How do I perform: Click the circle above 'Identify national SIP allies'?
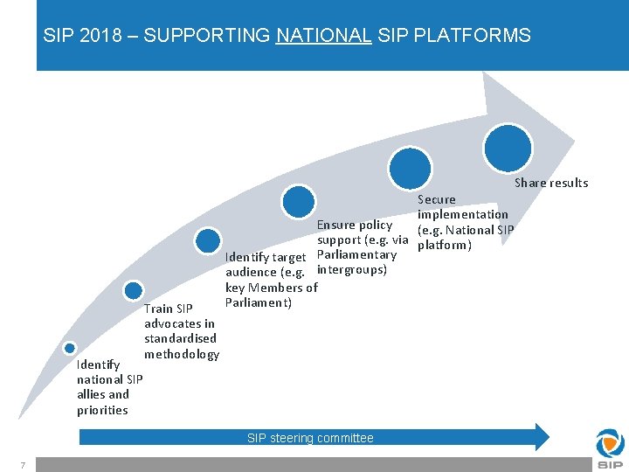tap(70, 348)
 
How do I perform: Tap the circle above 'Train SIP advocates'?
tap(133, 291)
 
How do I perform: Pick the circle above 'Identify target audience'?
tap(208, 240)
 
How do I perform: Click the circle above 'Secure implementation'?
tap(410, 166)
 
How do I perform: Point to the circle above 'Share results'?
tap(508, 146)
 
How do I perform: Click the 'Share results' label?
tap(551, 183)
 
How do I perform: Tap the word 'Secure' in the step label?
tap(437, 199)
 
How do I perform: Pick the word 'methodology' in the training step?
tap(182, 354)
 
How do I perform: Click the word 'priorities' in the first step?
tap(102, 410)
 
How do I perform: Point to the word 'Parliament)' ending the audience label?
tap(258, 302)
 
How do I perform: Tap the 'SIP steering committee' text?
tap(310, 438)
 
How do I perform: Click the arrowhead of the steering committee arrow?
tap(542, 436)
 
